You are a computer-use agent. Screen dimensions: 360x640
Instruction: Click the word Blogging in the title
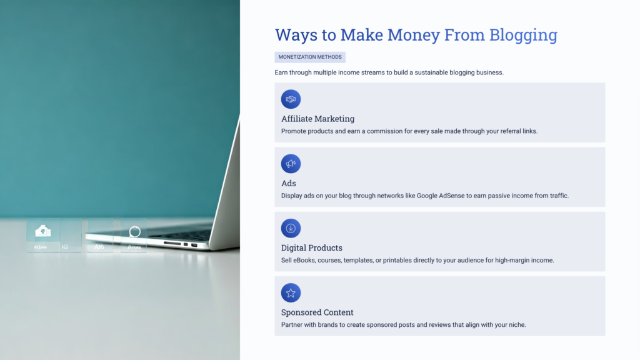[x=523, y=35]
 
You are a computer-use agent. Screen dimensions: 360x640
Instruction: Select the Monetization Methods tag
[x=310, y=57]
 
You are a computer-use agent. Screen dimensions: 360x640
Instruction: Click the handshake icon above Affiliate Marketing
[x=291, y=99]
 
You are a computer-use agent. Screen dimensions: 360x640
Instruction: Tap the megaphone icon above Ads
[x=291, y=164]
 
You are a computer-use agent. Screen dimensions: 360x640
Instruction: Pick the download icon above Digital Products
[x=291, y=228]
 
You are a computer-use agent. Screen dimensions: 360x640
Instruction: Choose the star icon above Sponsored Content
[x=291, y=292]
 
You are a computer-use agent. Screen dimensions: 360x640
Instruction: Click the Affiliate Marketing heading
[x=317, y=119]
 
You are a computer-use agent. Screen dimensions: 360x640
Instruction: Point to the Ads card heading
[x=289, y=183]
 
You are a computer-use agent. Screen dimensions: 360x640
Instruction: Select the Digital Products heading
[x=312, y=247]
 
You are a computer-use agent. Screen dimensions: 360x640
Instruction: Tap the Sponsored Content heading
[x=317, y=312]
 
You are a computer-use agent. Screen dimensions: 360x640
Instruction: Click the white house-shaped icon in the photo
[x=42, y=231]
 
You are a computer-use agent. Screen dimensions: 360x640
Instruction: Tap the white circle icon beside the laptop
[x=134, y=232]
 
